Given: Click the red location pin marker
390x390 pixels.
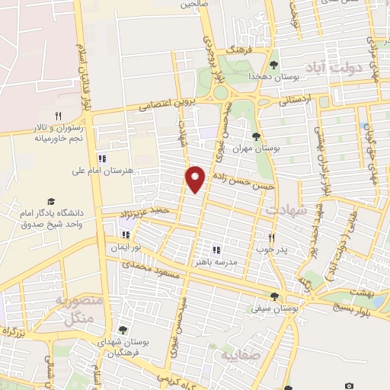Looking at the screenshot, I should coord(196,179).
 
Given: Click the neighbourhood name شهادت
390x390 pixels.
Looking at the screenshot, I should coord(284,209).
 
